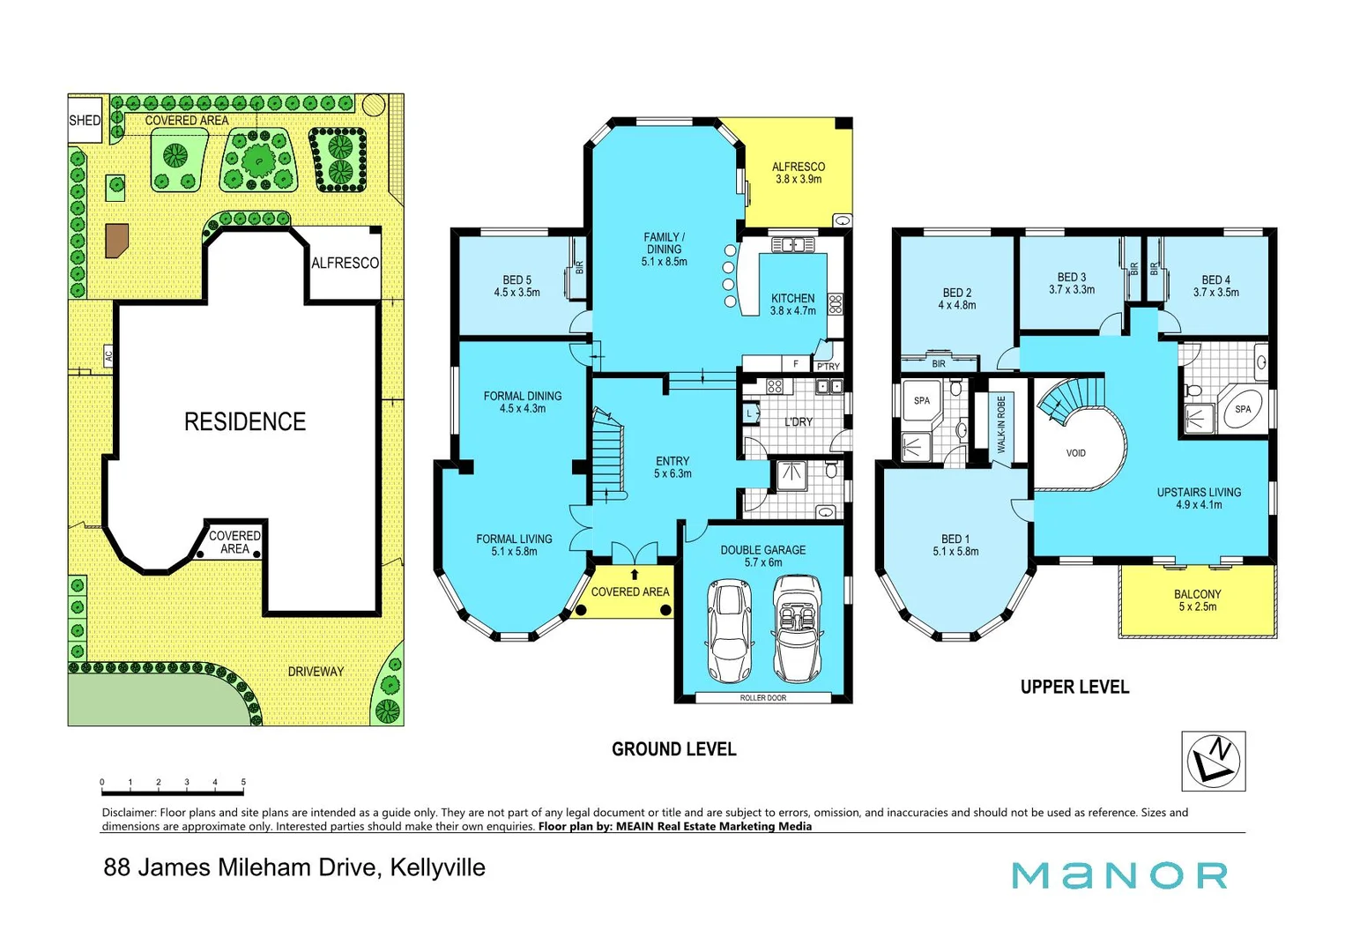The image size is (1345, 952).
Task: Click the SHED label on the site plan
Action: [85, 120]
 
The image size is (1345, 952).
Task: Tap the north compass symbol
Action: [1213, 761]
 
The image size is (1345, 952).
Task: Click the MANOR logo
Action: [1119, 875]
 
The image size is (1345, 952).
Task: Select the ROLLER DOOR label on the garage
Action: [763, 697]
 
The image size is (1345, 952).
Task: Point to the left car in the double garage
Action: [730, 631]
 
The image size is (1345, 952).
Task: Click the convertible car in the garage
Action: [798, 628]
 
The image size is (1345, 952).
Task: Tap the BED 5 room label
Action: [516, 286]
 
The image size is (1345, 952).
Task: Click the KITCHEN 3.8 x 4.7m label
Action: [792, 304]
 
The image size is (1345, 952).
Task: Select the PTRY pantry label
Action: [828, 366]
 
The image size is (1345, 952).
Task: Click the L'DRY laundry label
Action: [799, 421]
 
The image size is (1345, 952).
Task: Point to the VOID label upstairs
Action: [1076, 453]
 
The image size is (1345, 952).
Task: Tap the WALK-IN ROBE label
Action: [1001, 425]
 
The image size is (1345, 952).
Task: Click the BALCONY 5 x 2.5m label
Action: [1197, 600]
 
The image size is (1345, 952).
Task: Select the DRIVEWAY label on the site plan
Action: [316, 672]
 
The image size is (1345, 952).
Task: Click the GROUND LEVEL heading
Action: [673, 749]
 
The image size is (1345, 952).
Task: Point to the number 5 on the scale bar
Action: [243, 782]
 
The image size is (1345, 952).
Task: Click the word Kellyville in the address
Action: [437, 867]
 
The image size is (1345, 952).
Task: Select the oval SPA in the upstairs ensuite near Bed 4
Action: [1243, 409]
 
